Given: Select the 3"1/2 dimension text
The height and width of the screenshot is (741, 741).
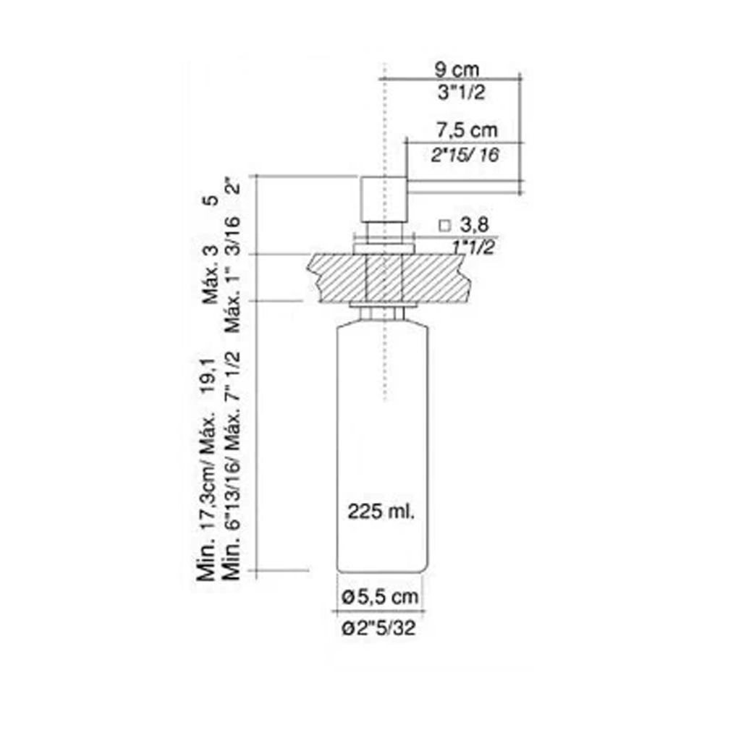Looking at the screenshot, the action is (x=461, y=92).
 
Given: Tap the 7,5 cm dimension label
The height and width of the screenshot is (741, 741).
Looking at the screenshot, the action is (x=467, y=130).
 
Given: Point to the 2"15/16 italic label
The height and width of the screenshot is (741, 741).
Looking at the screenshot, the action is (x=465, y=155).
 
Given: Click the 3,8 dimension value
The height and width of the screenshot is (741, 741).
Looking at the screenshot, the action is (x=475, y=225).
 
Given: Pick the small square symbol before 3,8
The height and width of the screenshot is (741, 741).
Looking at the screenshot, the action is (x=445, y=226).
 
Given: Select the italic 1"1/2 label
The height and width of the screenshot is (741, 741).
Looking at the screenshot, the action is (x=473, y=247).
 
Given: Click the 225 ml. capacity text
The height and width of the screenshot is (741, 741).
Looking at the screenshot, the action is (x=381, y=512).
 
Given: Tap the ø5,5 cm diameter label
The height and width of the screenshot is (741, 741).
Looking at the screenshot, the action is (x=380, y=597).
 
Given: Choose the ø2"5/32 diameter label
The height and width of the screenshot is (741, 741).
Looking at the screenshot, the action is (x=379, y=627).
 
